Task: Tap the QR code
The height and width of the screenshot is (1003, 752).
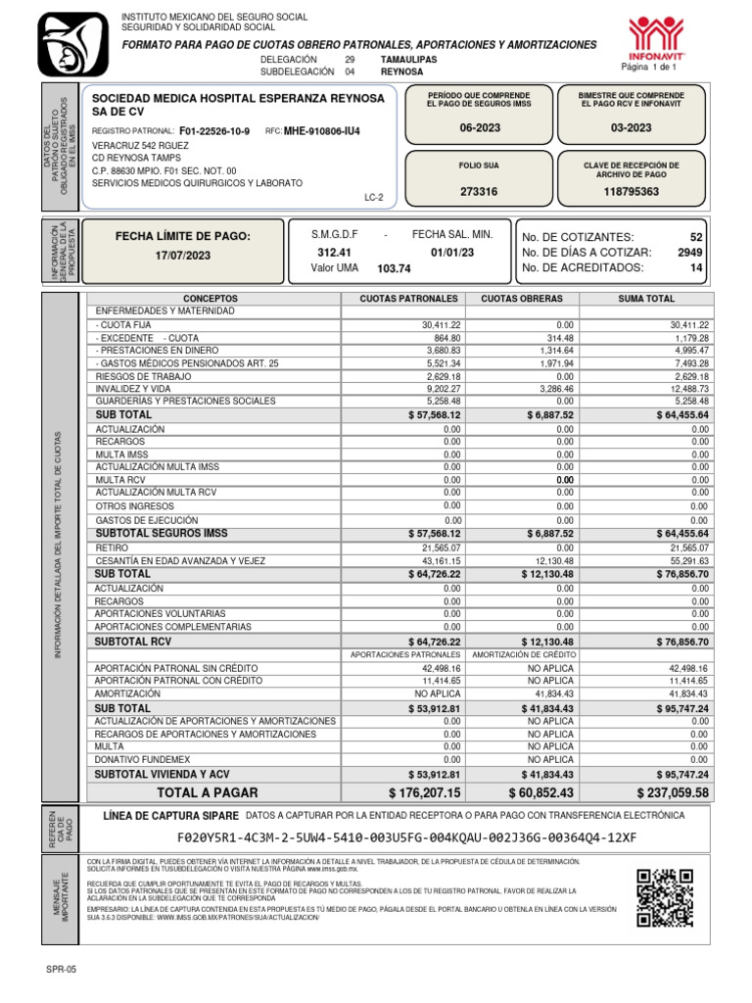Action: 670,897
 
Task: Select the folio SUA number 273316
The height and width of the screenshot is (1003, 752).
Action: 478,192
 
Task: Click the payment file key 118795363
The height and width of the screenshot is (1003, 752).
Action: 631,192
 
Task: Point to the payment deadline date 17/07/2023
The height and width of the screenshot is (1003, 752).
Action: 183,256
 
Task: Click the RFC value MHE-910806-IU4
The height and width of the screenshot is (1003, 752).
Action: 321,131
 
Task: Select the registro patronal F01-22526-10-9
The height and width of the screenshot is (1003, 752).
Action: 214,131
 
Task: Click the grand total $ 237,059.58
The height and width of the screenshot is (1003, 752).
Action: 672,792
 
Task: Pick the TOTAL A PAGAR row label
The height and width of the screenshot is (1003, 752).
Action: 208,792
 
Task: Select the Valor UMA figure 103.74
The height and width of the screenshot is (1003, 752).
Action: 394,268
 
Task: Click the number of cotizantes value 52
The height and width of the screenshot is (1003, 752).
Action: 696,237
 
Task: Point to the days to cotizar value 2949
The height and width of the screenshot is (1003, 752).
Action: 688,253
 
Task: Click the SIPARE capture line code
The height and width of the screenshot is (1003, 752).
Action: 406,838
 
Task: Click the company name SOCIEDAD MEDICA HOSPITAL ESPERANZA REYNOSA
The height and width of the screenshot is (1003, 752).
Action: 238,100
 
